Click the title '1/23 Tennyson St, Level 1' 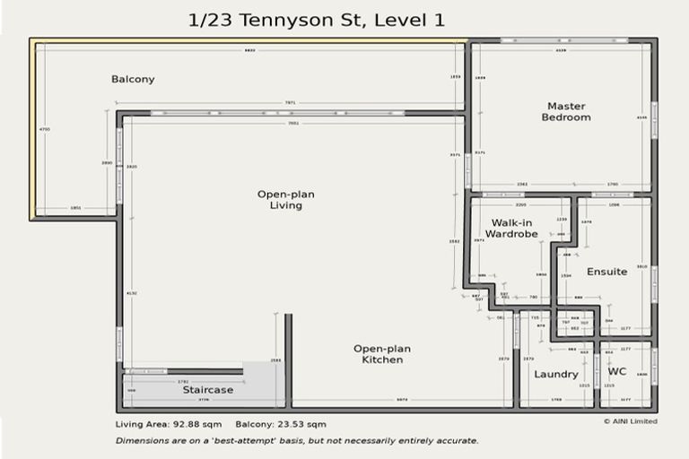point(317,19)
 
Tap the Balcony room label point(133,79)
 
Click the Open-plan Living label point(285,199)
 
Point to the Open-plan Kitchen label point(378,353)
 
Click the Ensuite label point(607,272)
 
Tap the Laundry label point(556,374)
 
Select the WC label point(617,371)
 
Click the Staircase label point(208,390)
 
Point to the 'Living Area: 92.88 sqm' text point(167,423)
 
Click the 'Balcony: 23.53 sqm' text point(281,423)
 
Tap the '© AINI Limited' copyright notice point(630,420)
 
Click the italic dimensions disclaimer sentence point(297,440)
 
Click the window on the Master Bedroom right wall point(654,120)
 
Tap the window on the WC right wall point(654,367)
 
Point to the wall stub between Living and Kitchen point(288,359)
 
